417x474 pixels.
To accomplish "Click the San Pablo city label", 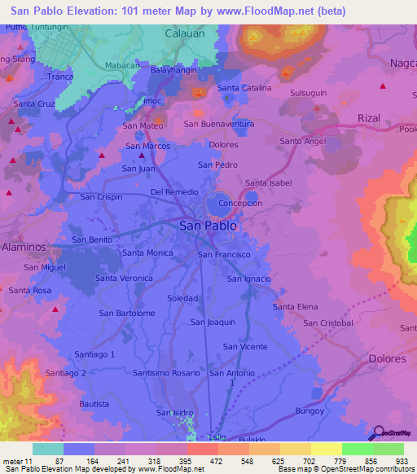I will [x=208, y=226].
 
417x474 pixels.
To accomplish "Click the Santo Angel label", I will [x=303, y=141].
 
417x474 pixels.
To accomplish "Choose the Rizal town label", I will [x=369, y=118].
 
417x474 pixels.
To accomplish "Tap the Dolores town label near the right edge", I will [x=387, y=358].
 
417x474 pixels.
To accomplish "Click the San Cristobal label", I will [x=328, y=323].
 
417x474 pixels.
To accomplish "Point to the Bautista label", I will [x=94, y=404].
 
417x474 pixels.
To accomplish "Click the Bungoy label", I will [x=310, y=410].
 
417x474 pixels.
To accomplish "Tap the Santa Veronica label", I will [x=124, y=278].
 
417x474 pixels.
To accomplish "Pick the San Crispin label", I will [x=101, y=197].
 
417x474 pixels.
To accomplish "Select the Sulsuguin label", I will [x=309, y=94].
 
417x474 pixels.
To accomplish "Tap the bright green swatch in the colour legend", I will [x=358, y=449].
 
